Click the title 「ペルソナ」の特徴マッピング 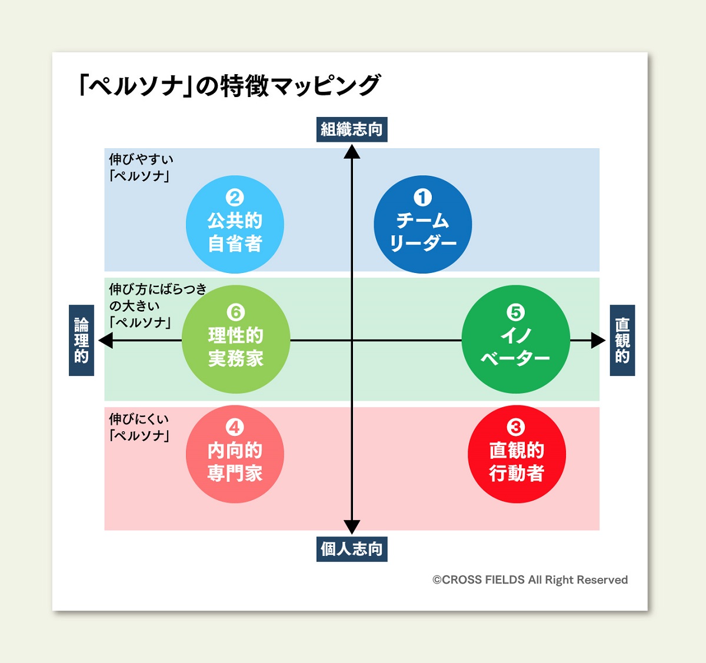pyautogui.click(x=229, y=86)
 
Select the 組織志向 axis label pyautogui.click(x=352, y=129)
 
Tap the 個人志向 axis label pyautogui.click(x=352, y=549)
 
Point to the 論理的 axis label pyautogui.click(x=81, y=340)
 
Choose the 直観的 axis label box pyautogui.click(x=622, y=340)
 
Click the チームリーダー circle pyautogui.click(x=422, y=225)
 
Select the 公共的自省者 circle pyautogui.click(x=235, y=225)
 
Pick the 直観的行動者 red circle pyautogui.click(x=517, y=454)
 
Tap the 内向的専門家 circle pyautogui.click(x=235, y=454)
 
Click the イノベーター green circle pyautogui.click(x=515, y=339)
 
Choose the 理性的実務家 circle pyautogui.click(x=235, y=339)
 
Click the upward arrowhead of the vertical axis pyautogui.click(x=352, y=152)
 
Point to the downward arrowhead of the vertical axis pyautogui.click(x=352, y=527)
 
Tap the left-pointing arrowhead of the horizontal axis pyautogui.click(x=106, y=340)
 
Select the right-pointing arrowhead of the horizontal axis pyautogui.click(x=598, y=340)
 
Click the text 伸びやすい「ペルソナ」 pyautogui.click(x=141, y=167)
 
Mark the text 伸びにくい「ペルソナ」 pyautogui.click(x=139, y=427)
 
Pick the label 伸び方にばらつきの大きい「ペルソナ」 pyautogui.click(x=157, y=305)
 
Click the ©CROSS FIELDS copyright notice pyautogui.click(x=530, y=580)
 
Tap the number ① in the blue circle pyautogui.click(x=422, y=198)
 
